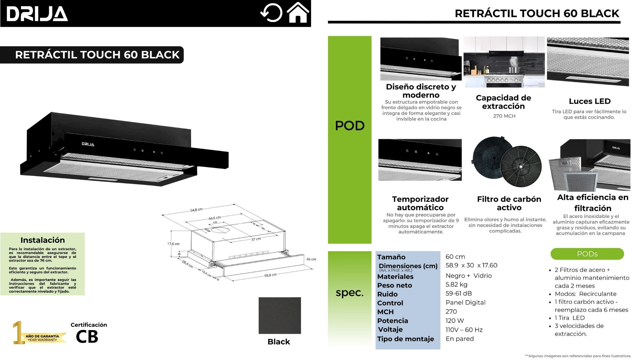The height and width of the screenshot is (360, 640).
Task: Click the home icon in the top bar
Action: pyautogui.click(x=298, y=13)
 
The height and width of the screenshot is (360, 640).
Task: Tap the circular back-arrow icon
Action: pyautogui.click(x=271, y=13)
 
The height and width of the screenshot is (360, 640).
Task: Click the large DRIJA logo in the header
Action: pyautogui.click(x=37, y=14)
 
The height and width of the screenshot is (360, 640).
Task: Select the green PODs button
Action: pyautogui.click(x=587, y=254)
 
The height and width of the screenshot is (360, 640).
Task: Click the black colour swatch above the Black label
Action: pyautogui.click(x=280, y=315)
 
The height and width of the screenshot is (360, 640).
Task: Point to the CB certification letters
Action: pyautogui.click(x=87, y=337)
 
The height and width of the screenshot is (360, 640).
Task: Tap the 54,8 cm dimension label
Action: pyautogui.click(x=196, y=210)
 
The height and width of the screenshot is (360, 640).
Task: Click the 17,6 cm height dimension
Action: pyautogui.click(x=173, y=244)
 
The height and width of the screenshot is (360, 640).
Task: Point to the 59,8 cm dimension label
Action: pyautogui.click(x=270, y=275)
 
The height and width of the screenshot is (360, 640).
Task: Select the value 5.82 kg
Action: pyautogui.click(x=456, y=285)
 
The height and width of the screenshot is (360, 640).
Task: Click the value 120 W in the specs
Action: pyautogui.click(x=455, y=321)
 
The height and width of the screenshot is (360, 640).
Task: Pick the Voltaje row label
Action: pyautogui.click(x=390, y=330)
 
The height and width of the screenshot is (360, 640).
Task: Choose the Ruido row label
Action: pyautogui.click(x=387, y=294)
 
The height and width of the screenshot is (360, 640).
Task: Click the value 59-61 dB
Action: pyautogui.click(x=459, y=294)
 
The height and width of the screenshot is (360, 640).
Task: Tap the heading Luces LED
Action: pyautogui.click(x=589, y=101)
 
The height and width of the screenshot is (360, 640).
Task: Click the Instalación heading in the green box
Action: pyautogui.click(x=43, y=240)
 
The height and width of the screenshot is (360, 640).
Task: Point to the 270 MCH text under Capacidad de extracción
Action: pyautogui.click(x=504, y=116)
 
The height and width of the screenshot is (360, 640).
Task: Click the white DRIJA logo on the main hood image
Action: pyautogui.click(x=88, y=144)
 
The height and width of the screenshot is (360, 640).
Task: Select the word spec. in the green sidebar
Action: pyautogui.click(x=349, y=293)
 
